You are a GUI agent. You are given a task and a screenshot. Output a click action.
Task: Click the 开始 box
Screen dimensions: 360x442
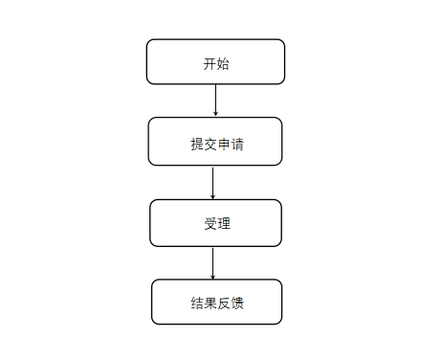coord(215,61)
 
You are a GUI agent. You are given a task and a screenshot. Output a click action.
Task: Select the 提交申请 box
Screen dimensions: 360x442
coord(215,141)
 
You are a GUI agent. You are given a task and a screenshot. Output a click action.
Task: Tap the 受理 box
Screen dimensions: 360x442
coord(215,223)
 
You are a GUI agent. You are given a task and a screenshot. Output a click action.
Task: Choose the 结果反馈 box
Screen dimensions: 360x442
coord(216,302)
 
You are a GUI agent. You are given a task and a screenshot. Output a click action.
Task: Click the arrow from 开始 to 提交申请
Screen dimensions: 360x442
coord(215,100)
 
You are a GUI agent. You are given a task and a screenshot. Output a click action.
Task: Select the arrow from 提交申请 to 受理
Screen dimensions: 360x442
coord(213,182)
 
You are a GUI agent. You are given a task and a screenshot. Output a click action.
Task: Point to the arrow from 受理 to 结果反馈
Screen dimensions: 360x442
coord(213,262)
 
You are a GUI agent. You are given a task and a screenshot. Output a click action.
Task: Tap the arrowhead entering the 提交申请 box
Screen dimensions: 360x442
coord(215,113)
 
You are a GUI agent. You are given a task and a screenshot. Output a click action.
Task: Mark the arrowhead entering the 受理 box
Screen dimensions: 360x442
coord(213,195)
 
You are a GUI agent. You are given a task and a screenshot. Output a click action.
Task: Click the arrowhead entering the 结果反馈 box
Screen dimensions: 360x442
coord(213,276)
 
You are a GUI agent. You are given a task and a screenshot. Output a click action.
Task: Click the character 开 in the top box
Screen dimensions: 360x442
coord(210,65)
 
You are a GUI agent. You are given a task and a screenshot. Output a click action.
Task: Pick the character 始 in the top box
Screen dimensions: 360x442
coord(222,65)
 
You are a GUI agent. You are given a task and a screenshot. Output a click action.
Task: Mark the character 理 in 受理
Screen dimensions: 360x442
coord(223,224)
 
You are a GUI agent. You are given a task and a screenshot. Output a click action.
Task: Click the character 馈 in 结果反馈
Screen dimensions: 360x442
coord(235,304)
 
